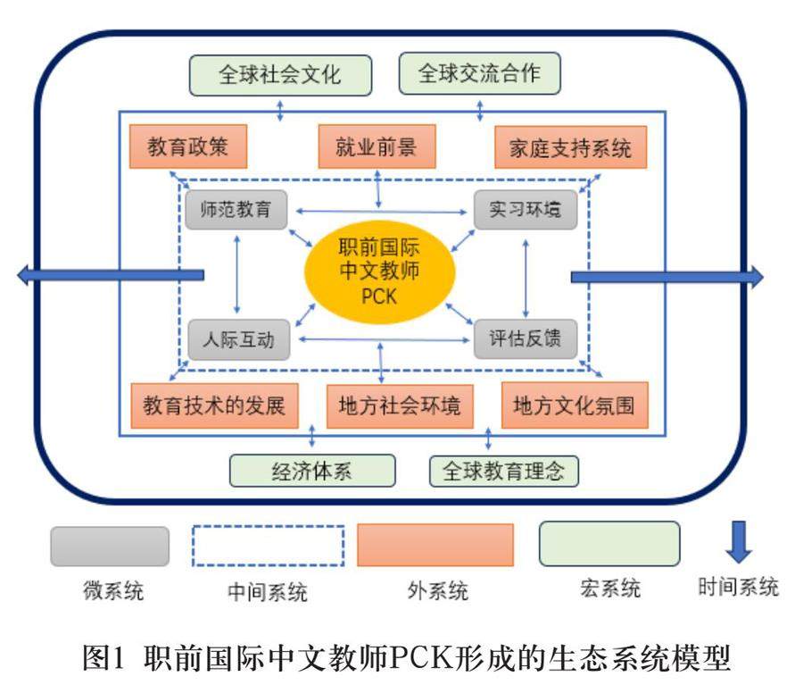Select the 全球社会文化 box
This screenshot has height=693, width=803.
pos(279,74)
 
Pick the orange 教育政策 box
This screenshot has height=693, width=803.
pos(187,146)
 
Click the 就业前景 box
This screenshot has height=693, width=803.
pos(377,146)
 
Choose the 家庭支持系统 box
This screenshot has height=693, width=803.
pos(570,147)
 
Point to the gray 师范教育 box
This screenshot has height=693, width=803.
pos(236,211)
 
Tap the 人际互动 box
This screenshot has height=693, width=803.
pos(238,339)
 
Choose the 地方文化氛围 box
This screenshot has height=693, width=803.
pos(574,406)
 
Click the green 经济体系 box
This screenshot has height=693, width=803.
pos(311,471)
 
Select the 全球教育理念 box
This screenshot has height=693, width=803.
pos(504,471)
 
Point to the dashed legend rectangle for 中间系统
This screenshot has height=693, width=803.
pos(269,545)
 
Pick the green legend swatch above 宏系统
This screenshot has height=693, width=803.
pos(609,544)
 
